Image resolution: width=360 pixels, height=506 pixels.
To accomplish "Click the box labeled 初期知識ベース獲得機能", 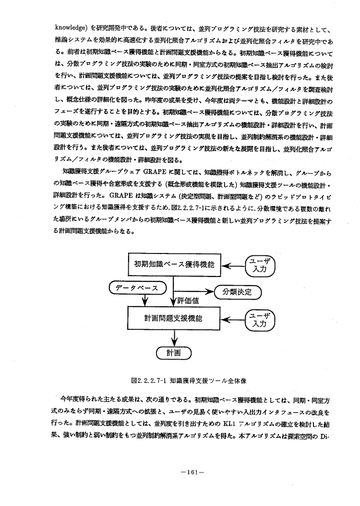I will point(174,265).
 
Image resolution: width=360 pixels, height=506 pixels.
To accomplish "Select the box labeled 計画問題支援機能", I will point(174,318).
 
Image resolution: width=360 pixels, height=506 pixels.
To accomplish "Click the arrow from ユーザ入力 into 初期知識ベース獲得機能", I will point(235,265).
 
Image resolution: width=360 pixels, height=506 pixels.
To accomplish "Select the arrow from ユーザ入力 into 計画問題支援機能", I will point(235,319).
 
